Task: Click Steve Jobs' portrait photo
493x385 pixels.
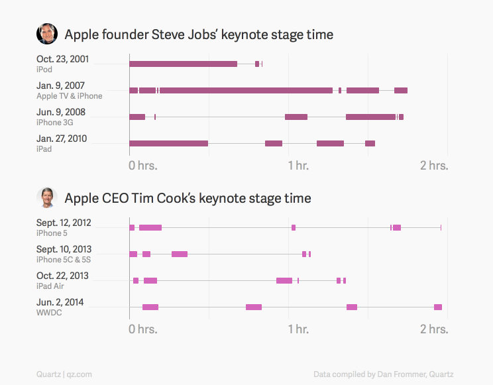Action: (46, 34)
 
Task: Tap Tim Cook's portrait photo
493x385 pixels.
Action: (46, 197)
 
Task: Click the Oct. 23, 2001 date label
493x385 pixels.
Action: (62, 60)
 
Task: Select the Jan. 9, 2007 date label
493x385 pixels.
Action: (60, 85)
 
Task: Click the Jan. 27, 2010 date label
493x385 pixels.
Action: (62, 138)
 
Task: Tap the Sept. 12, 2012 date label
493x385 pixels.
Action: (64, 223)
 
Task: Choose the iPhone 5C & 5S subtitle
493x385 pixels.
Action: (64, 259)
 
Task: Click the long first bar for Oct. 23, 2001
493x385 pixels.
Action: (183, 64)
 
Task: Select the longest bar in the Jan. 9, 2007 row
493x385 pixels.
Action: (246, 90)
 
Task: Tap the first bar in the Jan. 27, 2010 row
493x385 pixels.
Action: (168, 143)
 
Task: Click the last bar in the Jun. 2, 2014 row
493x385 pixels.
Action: (438, 307)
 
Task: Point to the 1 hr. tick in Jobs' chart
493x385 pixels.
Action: (298, 165)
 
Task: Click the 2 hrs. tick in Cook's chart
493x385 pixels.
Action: (435, 329)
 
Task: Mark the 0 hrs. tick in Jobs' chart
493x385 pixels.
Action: (142, 165)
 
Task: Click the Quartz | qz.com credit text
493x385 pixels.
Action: (64, 374)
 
